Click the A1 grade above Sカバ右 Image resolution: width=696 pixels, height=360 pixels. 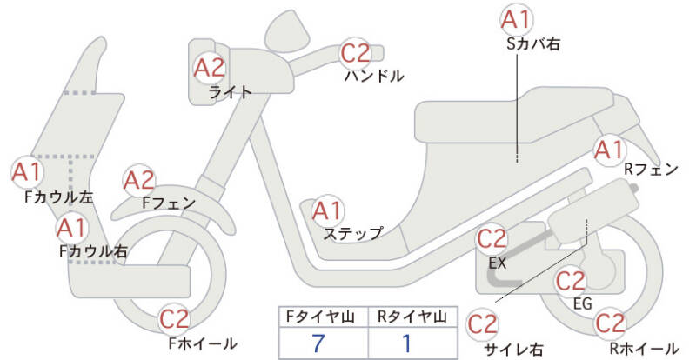tap(518, 19)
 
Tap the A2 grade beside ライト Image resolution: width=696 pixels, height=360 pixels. tap(209, 66)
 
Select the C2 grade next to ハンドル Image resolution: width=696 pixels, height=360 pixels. tap(355, 54)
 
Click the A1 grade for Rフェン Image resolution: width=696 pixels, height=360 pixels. tap(608, 150)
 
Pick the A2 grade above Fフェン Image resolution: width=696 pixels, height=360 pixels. tap(139, 180)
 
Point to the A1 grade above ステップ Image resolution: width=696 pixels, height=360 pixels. tap(327, 210)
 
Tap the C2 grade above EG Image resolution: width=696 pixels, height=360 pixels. tap(570, 281)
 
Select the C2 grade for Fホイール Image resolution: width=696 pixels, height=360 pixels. tap(174, 319)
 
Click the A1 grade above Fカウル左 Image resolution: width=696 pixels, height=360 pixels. tap(26, 171)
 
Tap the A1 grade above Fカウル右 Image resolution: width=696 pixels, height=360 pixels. tap(70, 228)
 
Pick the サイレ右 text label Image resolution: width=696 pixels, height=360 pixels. tap(513, 350)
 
